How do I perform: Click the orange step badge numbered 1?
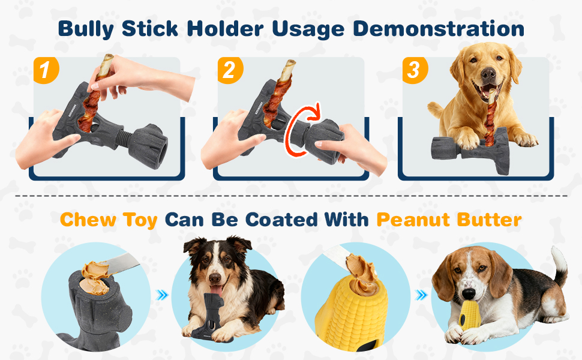(x=46, y=70)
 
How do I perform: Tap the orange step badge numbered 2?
(x=230, y=70)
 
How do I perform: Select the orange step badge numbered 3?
(x=415, y=70)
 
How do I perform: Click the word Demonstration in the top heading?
(x=439, y=29)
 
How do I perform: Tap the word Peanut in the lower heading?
(x=413, y=220)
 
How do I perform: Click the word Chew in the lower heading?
(x=88, y=220)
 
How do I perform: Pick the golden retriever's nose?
(x=488, y=73)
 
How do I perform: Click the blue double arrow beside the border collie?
(x=162, y=295)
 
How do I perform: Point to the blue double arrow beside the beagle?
(x=421, y=295)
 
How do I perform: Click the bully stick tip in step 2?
(x=290, y=65)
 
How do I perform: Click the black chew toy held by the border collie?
(x=212, y=316)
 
